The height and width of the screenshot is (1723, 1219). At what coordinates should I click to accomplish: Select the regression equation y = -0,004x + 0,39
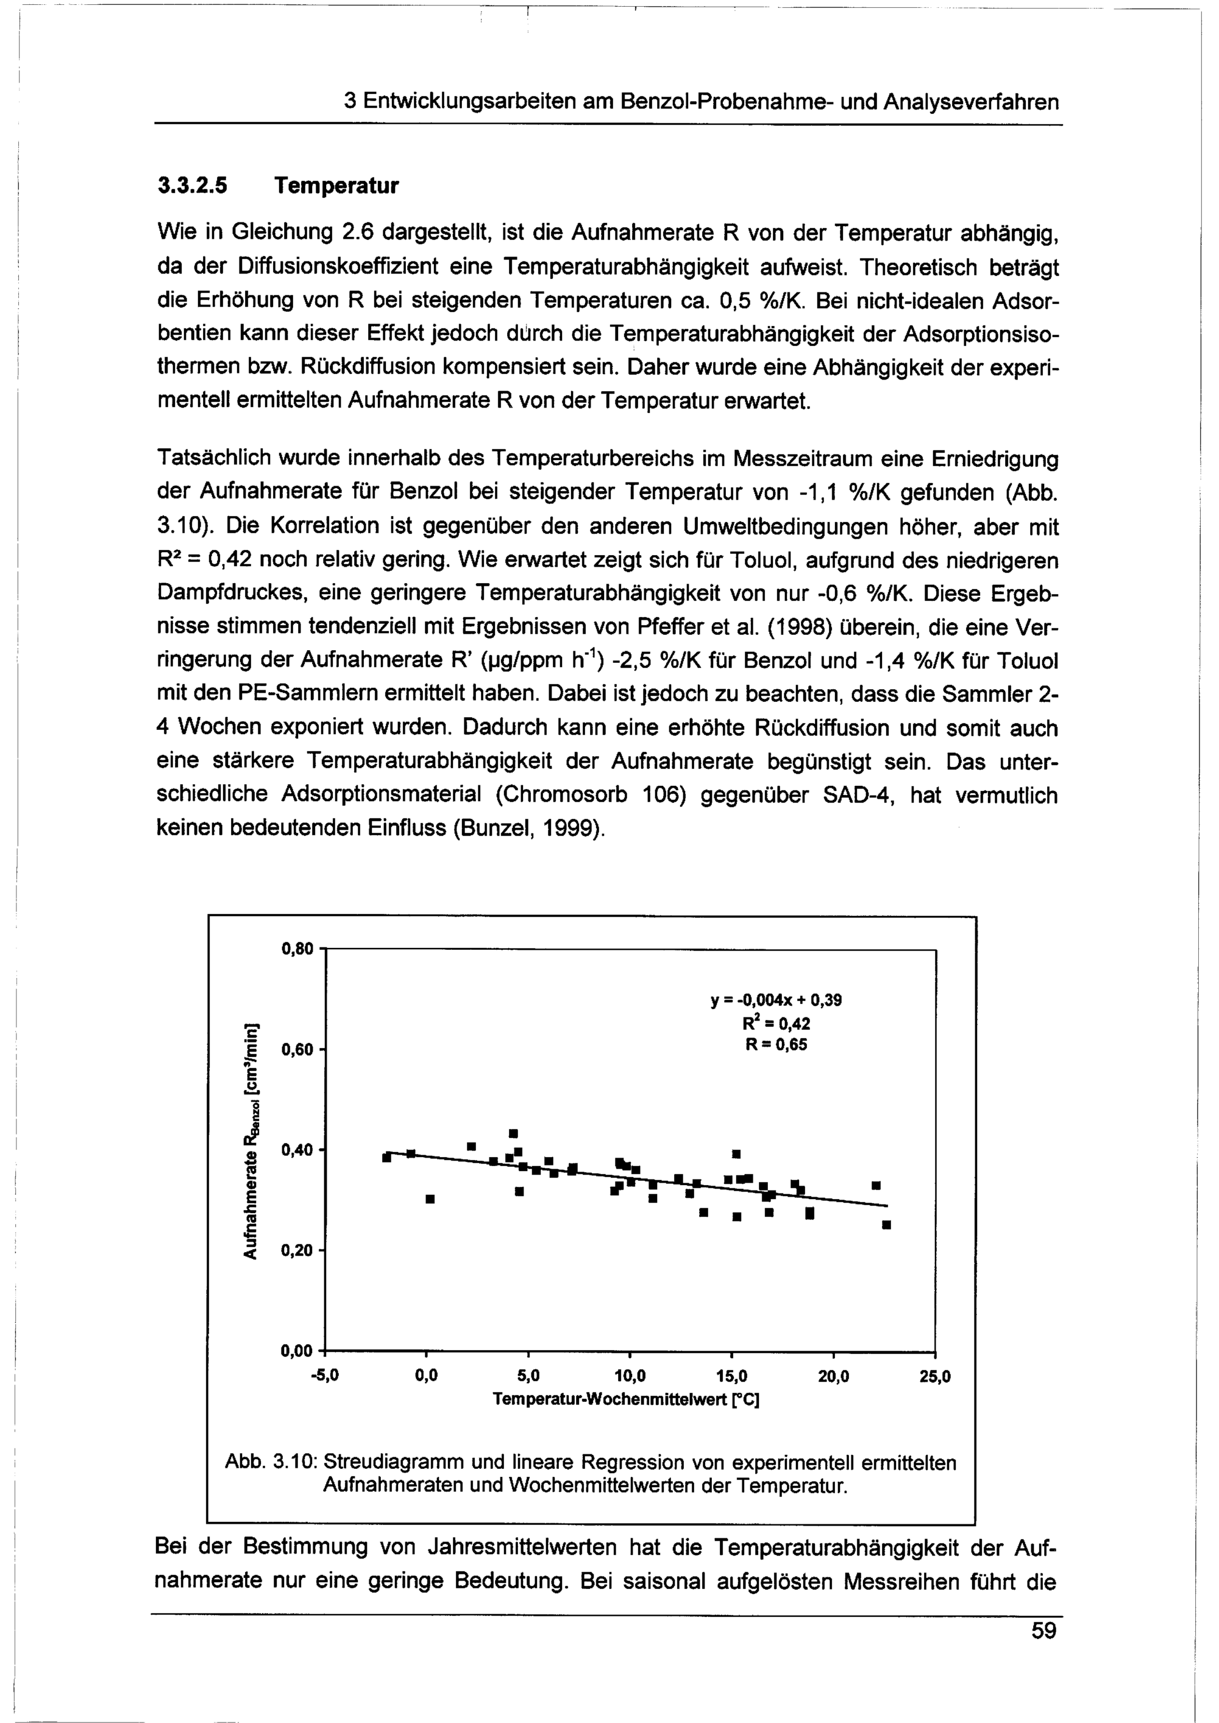coord(776,1000)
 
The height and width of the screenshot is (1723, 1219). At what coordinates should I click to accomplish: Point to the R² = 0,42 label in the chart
coord(776,1024)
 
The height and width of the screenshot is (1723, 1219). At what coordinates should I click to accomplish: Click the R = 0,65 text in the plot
coord(776,1045)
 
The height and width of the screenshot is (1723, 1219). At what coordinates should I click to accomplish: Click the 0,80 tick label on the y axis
coord(296,949)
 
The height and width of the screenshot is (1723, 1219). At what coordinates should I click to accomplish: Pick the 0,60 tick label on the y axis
coord(296,1050)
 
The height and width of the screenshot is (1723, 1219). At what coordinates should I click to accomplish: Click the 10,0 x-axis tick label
coord(630,1377)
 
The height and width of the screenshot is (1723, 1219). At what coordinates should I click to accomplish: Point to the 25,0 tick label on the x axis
coord(935,1377)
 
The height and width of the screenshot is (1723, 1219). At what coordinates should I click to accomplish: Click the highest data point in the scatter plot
coord(513,1133)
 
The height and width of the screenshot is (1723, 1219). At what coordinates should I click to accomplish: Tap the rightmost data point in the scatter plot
coord(886,1225)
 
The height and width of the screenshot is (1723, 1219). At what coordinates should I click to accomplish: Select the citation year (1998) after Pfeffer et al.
coord(797,628)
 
